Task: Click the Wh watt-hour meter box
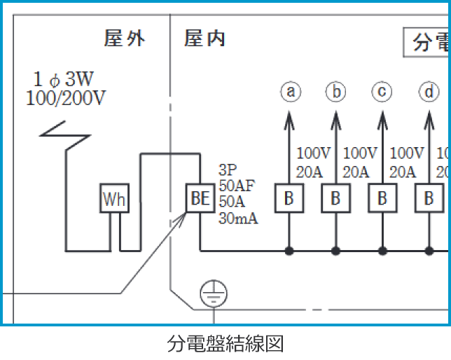point(114,200)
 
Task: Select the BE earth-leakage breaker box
point(200,199)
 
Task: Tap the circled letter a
point(290,92)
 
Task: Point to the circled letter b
point(336,92)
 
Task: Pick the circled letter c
point(382,92)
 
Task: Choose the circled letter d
point(429,92)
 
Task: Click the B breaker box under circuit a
point(289,200)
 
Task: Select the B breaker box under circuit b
point(335,200)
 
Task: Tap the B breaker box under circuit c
point(382,200)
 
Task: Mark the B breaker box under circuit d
point(429,200)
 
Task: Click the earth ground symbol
point(210,295)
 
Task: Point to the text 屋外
point(125,39)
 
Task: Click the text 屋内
point(204,39)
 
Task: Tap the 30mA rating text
point(238,219)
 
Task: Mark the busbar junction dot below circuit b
point(335,250)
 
